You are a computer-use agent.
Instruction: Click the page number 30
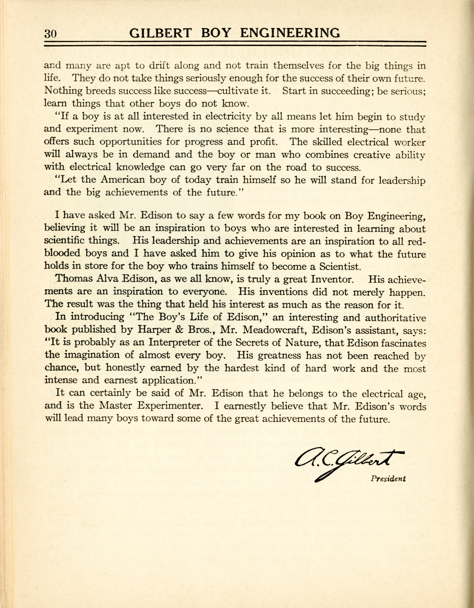click(x=50, y=34)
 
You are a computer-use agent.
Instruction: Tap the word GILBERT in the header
click(x=161, y=33)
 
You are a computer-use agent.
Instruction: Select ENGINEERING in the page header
click(x=290, y=33)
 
